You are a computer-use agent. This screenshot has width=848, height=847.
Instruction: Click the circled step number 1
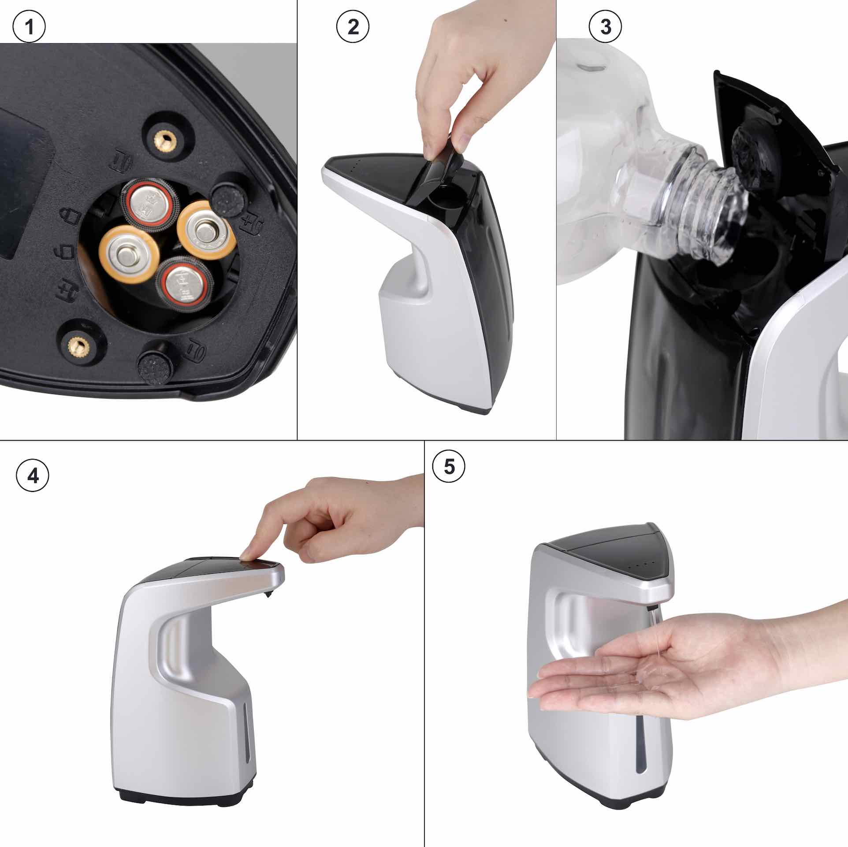(29, 27)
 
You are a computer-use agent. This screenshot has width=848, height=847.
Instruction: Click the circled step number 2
(353, 27)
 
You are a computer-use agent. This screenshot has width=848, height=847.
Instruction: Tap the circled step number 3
(606, 27)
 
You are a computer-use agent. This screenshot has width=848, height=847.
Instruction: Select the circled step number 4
(33, 477)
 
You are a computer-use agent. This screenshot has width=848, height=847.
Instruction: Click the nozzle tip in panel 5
(652, 607)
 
